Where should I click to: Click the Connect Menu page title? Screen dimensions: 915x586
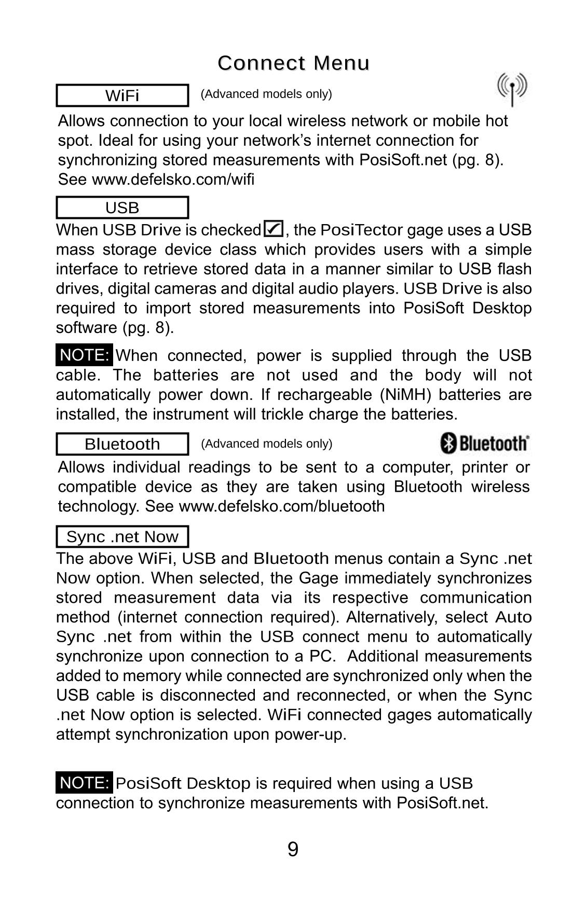(293, 63)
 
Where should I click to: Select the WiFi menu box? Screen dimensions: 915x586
(122, 95)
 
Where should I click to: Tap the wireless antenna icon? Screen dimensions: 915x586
(512, 89)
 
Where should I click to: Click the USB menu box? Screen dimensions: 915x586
(122, 207)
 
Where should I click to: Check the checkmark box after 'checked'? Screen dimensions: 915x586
(274, 229)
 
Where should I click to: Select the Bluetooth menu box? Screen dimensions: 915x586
(122, 444)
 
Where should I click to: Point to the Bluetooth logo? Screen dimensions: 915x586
(485, 443)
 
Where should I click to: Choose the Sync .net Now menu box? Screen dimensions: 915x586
(122, 536)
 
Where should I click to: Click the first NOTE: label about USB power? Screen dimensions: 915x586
(84, 355)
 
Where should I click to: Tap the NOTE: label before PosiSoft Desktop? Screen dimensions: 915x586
(84, 783)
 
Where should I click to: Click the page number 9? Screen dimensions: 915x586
(293, 850)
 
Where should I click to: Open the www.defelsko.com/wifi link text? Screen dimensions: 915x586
(173, 179)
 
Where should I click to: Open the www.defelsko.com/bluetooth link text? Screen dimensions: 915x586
(281, 506)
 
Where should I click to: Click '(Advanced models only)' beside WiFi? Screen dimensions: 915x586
(266, 94)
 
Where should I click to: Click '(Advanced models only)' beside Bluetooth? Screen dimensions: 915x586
(266, 443)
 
